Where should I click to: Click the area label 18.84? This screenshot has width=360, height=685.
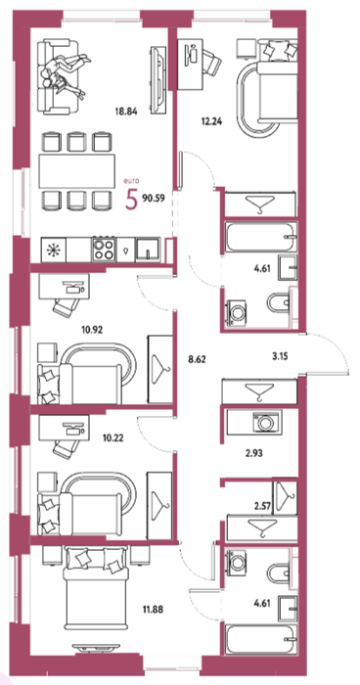click(x=127, y=111)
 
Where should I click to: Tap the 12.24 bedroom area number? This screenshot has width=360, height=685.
click(x=212, y=122)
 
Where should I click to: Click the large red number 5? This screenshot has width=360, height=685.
click(x=131, y=200)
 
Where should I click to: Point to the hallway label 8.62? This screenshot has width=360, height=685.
click(x=197, y=360)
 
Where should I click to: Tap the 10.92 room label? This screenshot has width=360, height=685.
click(x=93, y=331)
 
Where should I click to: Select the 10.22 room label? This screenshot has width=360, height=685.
click(x=112, y=437)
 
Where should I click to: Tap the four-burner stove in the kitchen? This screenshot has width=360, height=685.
click(x=104, y=250)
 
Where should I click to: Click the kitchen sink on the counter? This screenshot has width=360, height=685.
click(x=148, y=250)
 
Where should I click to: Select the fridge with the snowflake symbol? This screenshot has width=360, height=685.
click(x=54, y=250)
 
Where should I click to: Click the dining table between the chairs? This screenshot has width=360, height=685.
click(x=77, y=171)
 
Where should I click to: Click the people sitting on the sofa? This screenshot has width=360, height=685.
click(x=65, y=73)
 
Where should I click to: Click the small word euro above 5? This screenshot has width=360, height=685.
click(x=131, y=180)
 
